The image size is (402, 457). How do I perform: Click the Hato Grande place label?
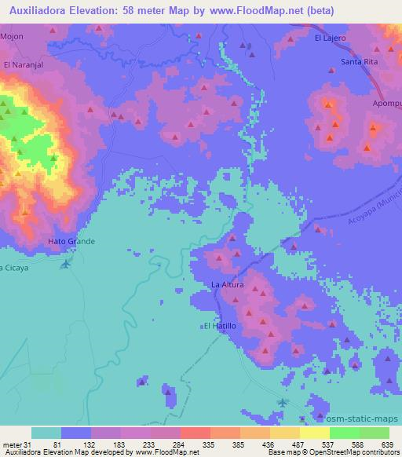(71, 241)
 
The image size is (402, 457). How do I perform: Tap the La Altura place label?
(228, 284)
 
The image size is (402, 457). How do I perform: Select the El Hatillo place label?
(219, 325)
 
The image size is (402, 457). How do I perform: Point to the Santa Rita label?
(358, 61)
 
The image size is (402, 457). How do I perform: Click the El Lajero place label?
(330, 37)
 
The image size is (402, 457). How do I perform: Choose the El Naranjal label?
(21, 64)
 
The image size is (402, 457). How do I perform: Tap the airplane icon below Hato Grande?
(64, 263)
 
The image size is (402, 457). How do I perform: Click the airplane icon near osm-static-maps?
(283, 403)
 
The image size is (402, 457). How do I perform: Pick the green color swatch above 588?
(344, 433)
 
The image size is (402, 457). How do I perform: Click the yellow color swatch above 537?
(314, 433)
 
